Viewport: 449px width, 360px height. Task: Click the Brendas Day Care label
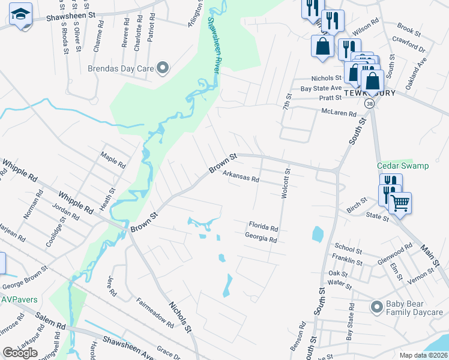tap(121, 68)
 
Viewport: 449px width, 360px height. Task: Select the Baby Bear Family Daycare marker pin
tap(376, 307)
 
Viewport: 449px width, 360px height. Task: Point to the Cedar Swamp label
tap(403, 166)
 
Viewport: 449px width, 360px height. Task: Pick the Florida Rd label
tap(264, 228)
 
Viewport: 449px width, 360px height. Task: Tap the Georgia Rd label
tap(261, 239)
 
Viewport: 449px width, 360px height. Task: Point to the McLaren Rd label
tap(339, 113)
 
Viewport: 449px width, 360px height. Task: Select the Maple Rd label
tap(113, 160)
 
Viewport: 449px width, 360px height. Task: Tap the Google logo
tap(20, 353)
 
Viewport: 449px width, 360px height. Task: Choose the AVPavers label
tap(19, 299)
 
